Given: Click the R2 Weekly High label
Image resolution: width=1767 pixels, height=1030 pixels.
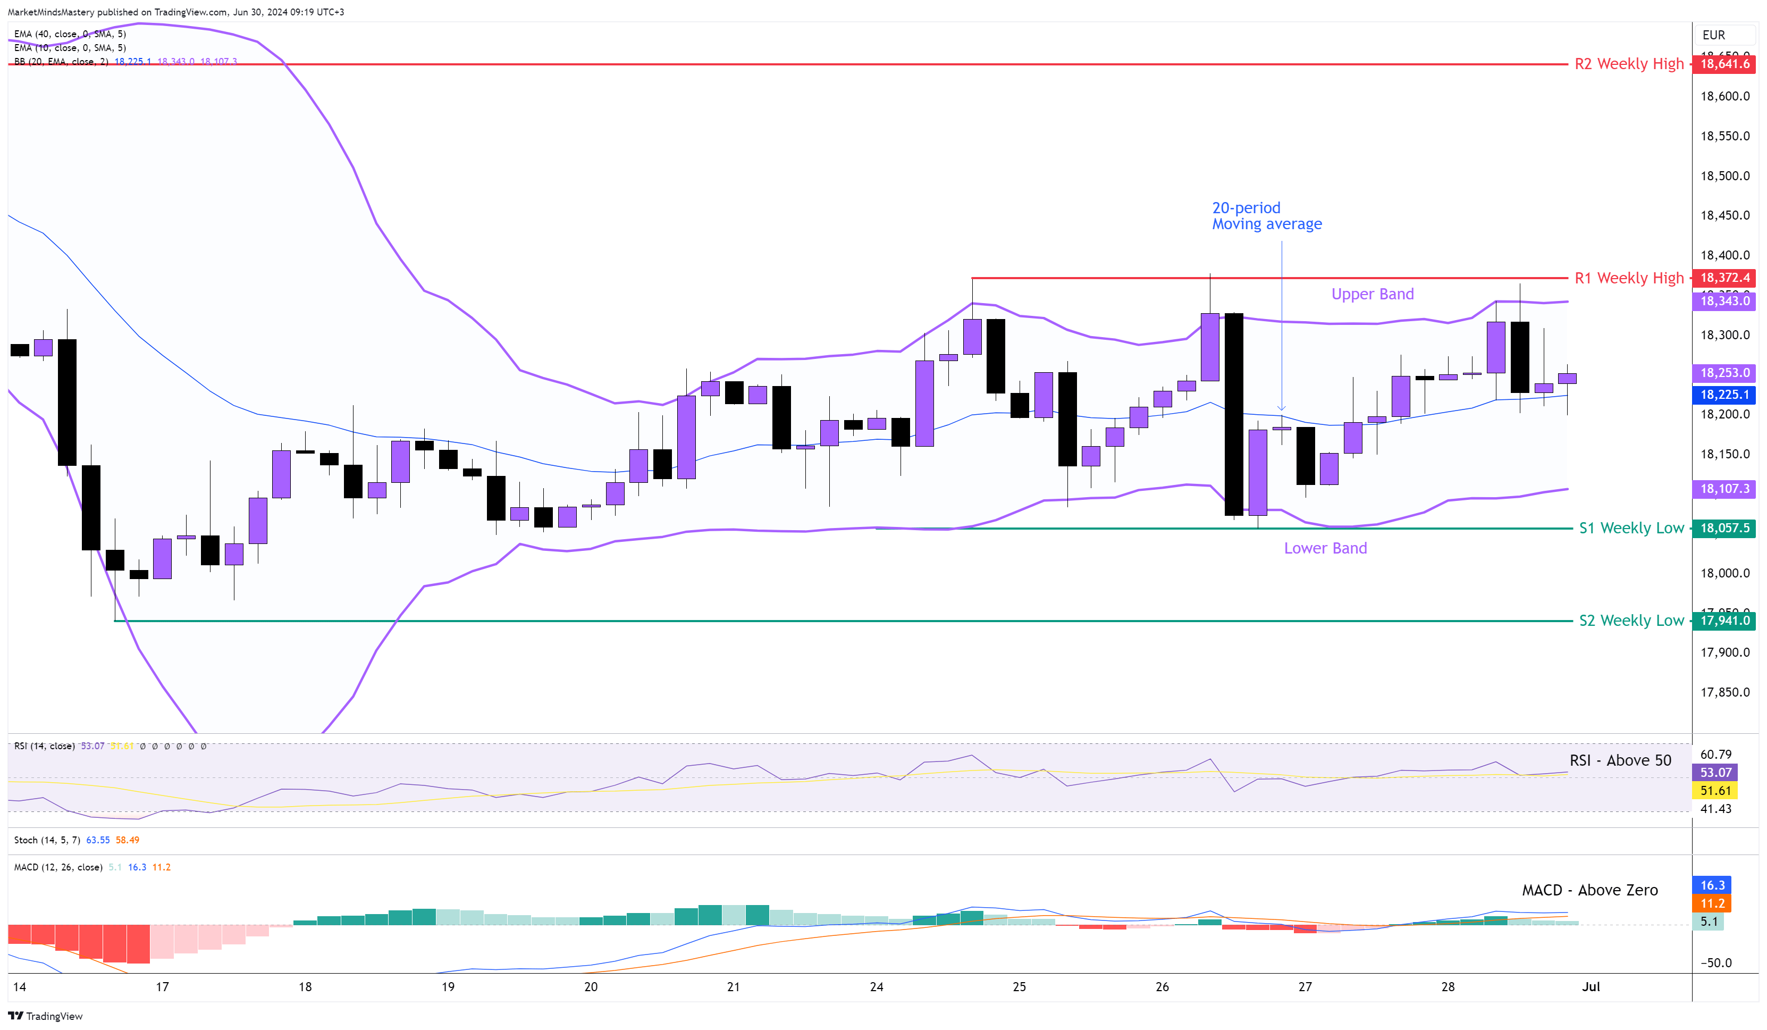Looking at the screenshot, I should [x=1628, y=64].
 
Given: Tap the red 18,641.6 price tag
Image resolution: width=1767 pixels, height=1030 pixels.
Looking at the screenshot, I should [x=1724, y=64].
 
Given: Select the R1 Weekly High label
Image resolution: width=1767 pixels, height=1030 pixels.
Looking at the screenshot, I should [x=1628, y=278].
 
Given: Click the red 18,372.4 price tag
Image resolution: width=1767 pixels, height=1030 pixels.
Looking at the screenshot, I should [x=1724, y=278].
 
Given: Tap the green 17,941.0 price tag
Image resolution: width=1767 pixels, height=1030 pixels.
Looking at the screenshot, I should [x=1724, y=620].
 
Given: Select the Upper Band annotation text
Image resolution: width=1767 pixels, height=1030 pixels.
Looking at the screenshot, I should [x=1372, y=294].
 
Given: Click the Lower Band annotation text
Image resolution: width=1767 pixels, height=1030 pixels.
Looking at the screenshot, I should [x=1325, y=548].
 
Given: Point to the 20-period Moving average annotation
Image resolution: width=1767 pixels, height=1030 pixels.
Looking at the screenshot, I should [x=1266, y=215].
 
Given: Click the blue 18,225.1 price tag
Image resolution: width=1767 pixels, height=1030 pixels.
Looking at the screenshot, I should [x=1724, y=395].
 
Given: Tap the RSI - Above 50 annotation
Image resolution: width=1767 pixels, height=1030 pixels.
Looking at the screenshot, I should [x=1620, y=760].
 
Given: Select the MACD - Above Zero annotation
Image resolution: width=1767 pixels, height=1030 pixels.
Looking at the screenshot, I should [x=1589, y=890].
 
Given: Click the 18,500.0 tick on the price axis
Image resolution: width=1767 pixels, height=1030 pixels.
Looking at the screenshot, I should [x=1724, y=175].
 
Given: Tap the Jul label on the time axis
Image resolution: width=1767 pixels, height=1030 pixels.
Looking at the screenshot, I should [x=1591, y=986].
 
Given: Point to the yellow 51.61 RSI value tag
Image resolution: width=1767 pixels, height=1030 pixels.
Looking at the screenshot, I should [x=1715, y=791].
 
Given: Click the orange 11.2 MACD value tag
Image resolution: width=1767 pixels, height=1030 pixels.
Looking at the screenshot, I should [x=1712, y=903].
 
